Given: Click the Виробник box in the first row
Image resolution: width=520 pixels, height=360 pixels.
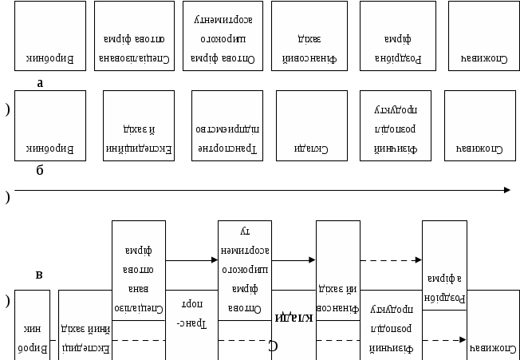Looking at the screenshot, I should coord(49,37).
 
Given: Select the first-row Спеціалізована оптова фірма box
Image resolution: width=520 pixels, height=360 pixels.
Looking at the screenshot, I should coord(128,37).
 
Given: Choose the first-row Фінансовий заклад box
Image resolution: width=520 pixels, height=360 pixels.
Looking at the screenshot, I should coord(306,37).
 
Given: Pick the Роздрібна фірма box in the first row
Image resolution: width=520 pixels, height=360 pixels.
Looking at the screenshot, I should coord(395,37).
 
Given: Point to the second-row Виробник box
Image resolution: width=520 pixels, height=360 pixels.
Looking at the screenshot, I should coord(49,125).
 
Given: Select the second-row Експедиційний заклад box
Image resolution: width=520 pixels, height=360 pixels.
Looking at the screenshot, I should coord(139,125).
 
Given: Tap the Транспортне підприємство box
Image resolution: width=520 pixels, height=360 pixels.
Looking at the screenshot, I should coord(227,125).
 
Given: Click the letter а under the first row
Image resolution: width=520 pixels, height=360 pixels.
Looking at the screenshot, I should coord(40,82).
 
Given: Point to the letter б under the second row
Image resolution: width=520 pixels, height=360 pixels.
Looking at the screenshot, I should coord(40,170).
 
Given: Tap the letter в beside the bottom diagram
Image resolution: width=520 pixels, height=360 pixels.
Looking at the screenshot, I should coord(39,275).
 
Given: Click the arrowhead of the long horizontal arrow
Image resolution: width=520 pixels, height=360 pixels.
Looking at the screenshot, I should coord(506,190).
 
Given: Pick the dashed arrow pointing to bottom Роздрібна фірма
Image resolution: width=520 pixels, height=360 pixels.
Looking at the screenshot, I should coord(391,260).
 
